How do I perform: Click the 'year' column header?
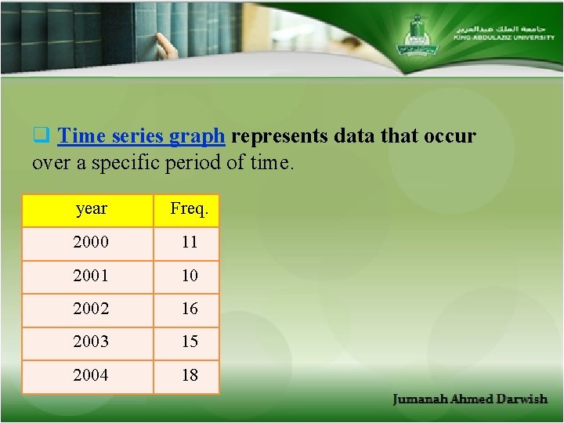(x=91, y=209)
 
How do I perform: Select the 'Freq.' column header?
(x=189, y=209)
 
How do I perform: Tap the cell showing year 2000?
(x=91, y=242)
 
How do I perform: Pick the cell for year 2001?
(x=91, y=276)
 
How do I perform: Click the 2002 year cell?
(x=91, y=309)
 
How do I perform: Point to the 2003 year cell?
(x=91, y=342)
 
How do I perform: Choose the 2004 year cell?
(x=91, y=375)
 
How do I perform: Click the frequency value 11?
(x=190, y=242)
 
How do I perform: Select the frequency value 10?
(x=190, y=276)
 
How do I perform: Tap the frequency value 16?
(x=190, y=309)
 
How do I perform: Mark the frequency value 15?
(x=190, y=342)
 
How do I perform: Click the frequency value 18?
(x=190, y=375)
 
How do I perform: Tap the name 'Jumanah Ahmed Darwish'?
(x=470, y=399)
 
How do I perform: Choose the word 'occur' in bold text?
(x=448, y=136)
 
